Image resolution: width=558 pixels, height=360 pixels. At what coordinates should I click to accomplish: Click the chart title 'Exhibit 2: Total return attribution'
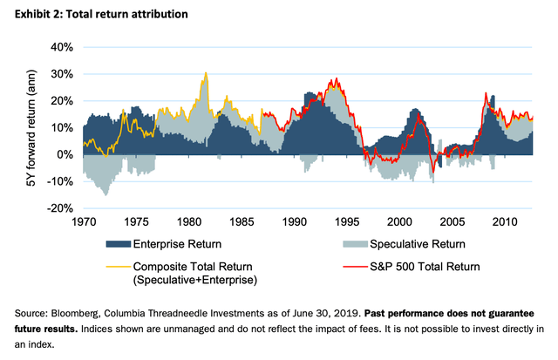pyautogui.click(x=98, y=16)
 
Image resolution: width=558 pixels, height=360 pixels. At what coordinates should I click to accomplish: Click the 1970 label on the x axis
pyautogui.click(x=84, y=223)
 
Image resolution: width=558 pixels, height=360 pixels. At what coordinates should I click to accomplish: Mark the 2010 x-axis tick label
pyautogui.click(x=505, y=223)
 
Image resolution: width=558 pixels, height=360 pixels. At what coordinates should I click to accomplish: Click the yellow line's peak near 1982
pyautogui.click(x=206, y=74)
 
